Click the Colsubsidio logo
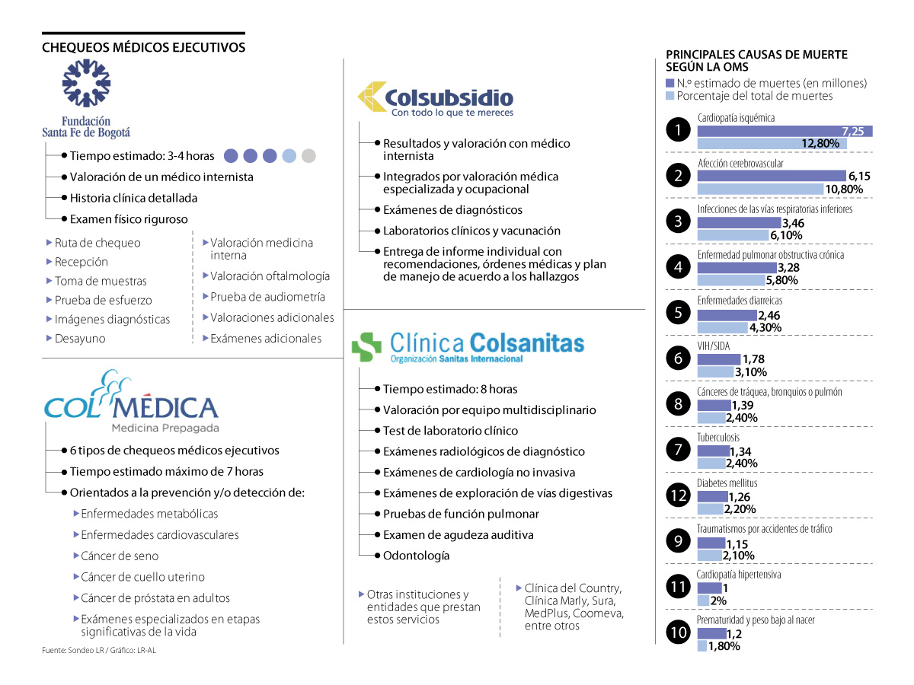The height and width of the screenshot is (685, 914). pos(436,100)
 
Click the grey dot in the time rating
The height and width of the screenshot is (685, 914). pos(308,156)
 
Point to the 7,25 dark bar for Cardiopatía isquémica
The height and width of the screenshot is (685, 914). pos(785,131)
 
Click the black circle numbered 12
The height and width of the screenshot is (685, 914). pos(678,495)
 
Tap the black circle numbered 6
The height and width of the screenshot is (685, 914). pos(678,358)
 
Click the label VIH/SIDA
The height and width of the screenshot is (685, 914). pos(714,346)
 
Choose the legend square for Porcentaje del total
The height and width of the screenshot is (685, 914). pos(670,97)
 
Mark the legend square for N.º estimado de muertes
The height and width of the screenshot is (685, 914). pos(670,83)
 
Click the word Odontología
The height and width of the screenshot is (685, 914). pos(416,556)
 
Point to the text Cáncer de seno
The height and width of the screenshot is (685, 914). pos(120,556)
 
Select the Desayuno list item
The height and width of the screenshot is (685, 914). pos(80,339)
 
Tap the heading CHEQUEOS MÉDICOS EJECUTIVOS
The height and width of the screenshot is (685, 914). pos(143,47)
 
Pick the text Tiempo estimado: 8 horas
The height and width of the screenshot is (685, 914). pos(450,388)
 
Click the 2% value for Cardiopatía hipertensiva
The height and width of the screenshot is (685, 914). pos(717,601)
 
